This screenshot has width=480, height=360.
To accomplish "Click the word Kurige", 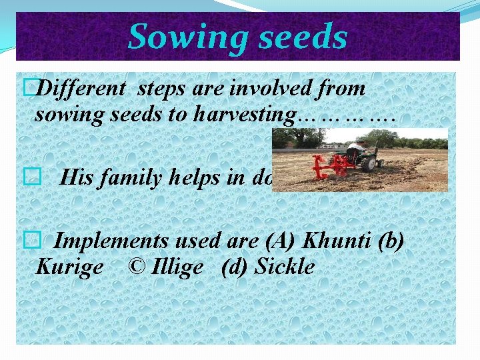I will pyautogui.click(x=69, y=267).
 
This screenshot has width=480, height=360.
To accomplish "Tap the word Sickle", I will pyautogui.click(x=285, y=267).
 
